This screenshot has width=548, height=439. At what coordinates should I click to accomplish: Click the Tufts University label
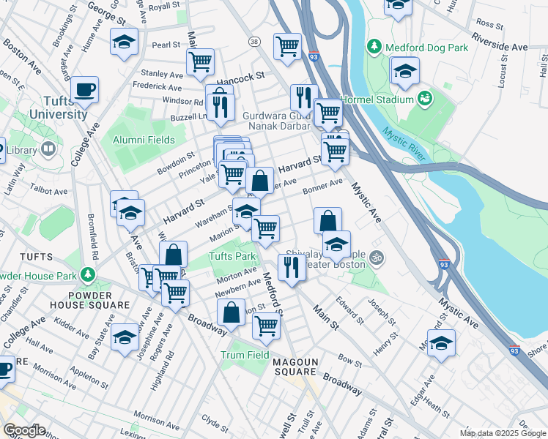point(59,108)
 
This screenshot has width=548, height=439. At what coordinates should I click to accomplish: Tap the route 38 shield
point(254,42)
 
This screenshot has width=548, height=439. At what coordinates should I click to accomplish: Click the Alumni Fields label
point(144,140)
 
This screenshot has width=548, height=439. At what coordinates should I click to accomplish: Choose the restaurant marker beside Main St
point(292,266)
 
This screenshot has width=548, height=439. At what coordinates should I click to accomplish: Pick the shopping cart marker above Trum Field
point(266,326)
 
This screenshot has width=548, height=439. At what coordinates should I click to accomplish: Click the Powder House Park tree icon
point(89,274)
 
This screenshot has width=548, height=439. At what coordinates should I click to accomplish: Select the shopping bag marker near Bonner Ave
point(328,220)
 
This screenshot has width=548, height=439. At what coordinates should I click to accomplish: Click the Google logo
point(24,429)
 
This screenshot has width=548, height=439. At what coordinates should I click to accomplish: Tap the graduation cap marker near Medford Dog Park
point(404,72)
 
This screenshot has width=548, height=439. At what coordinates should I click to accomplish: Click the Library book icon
point(48,150)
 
